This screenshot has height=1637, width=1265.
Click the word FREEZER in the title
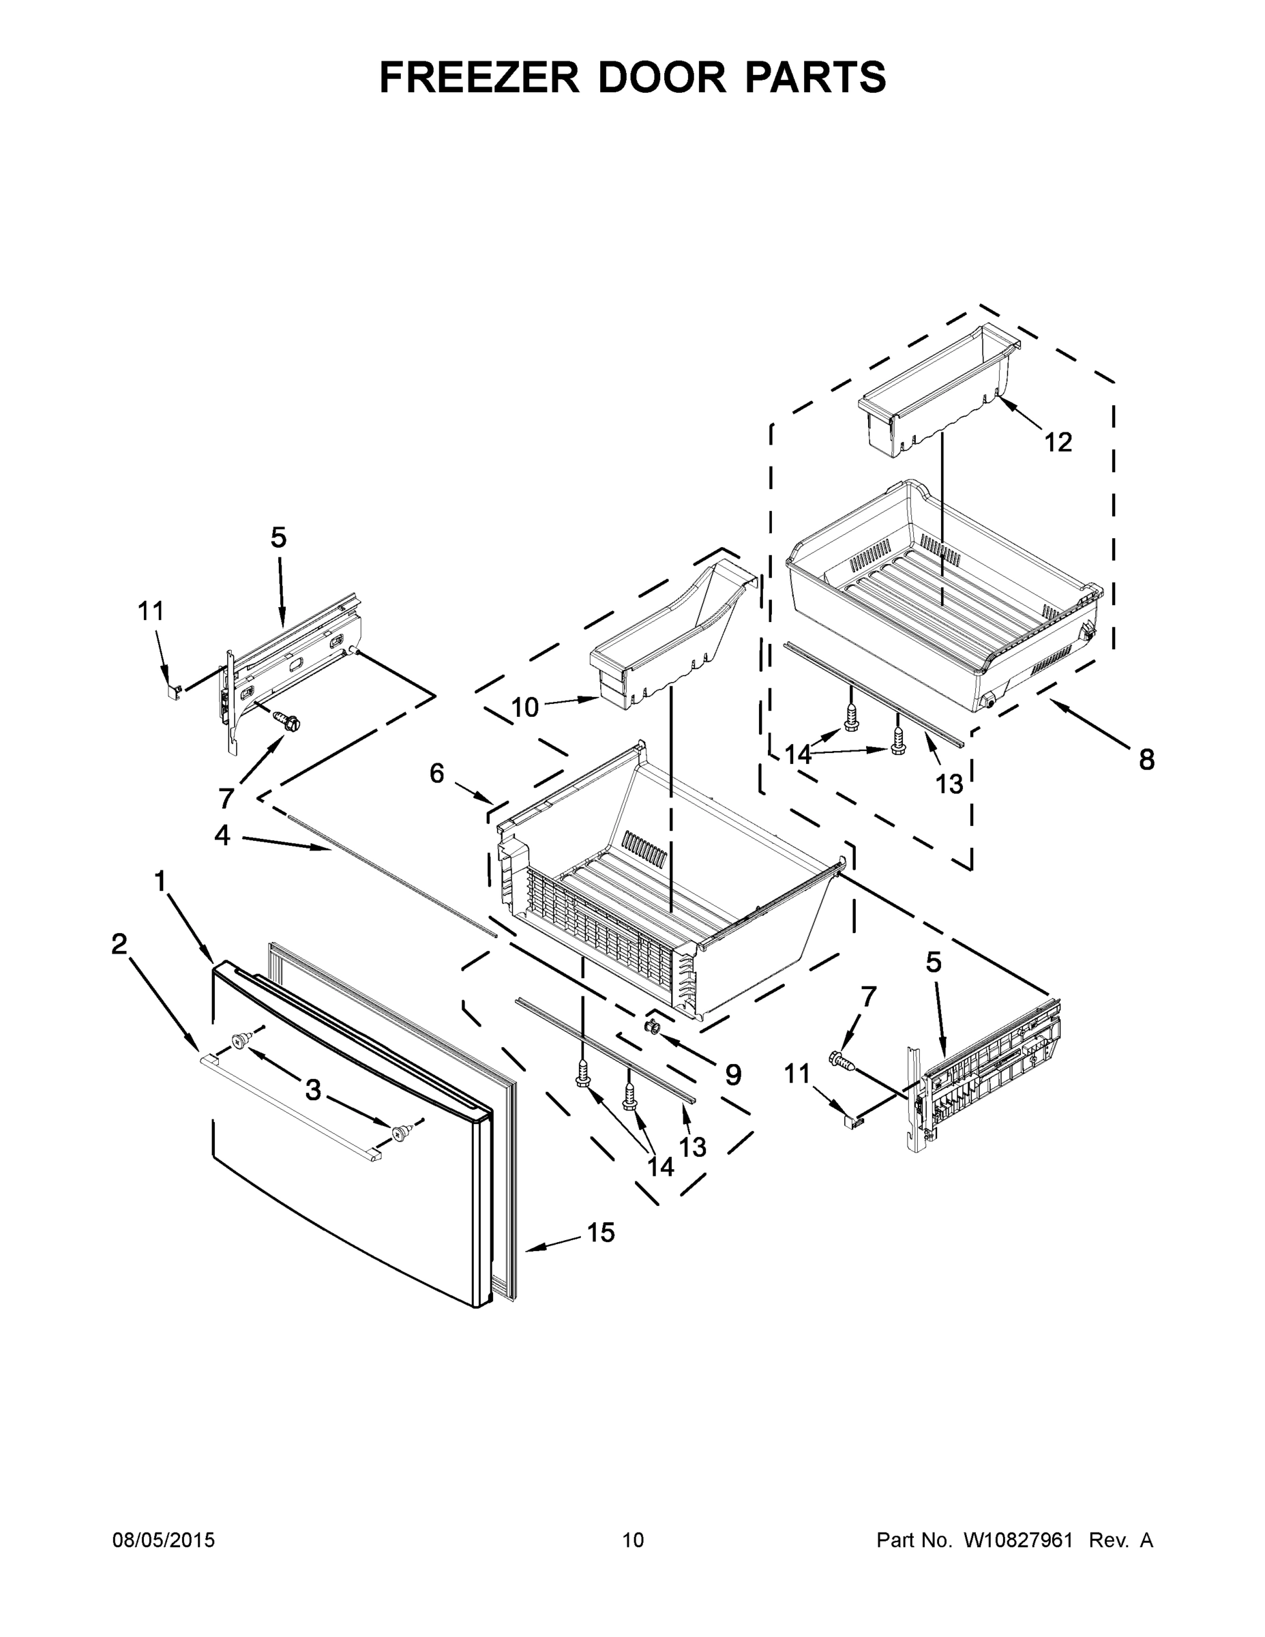479,77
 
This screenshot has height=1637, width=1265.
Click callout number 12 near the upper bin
1058,442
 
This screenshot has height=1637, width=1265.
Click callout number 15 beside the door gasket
600,1233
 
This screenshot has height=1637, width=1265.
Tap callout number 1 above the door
160,881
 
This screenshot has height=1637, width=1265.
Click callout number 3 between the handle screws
313,1090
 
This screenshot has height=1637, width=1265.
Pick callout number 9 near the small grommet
733,1075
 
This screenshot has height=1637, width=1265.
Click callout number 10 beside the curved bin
524,707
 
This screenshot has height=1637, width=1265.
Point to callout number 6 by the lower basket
437,773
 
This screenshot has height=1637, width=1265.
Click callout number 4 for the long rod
222,834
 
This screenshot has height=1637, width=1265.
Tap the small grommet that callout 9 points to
651,1024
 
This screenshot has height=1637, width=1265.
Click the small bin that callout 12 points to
937,389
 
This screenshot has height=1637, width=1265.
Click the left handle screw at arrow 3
241,1040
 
